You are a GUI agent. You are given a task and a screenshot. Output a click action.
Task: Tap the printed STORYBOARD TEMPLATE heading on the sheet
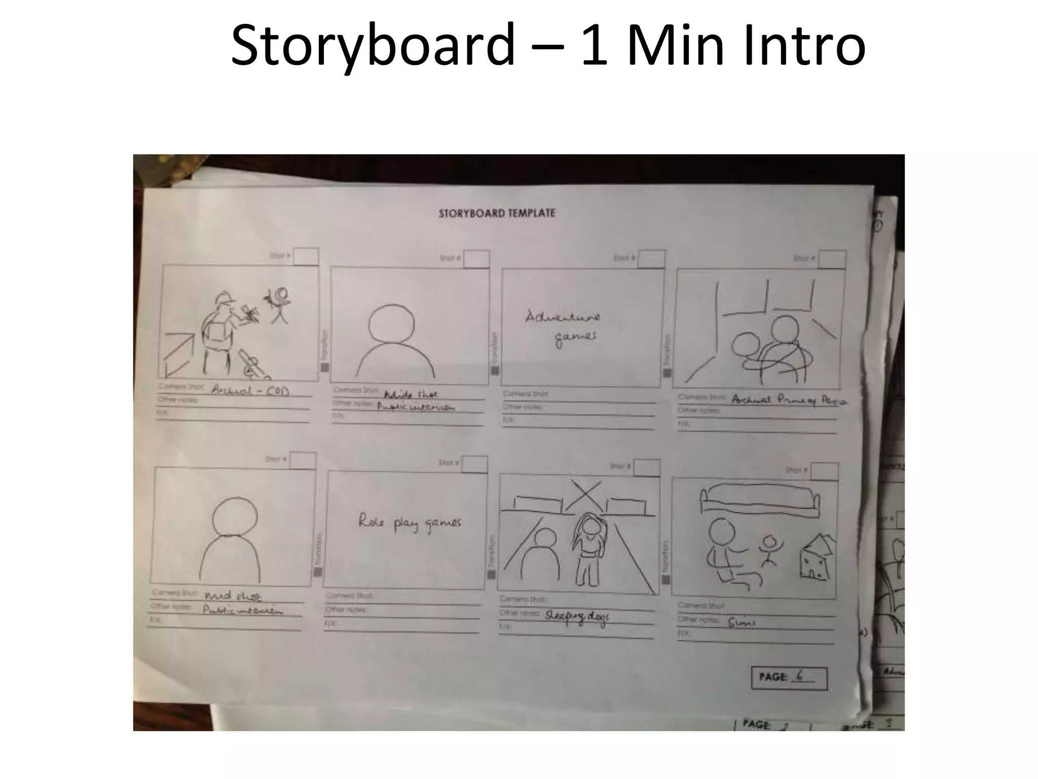(497, 213)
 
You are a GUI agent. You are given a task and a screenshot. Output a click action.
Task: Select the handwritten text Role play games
(410, 522)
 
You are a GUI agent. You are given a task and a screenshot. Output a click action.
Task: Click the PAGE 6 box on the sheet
(789, 678)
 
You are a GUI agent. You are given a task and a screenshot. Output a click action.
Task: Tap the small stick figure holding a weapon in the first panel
(278, 304)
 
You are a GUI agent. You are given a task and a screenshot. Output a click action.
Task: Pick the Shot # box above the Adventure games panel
(651, 259)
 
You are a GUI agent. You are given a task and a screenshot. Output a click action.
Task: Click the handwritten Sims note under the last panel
(742, 621)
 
